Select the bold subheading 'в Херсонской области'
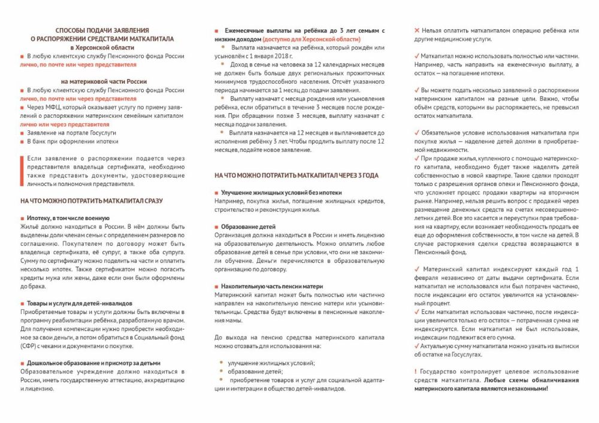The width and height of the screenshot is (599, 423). tap(102, 47)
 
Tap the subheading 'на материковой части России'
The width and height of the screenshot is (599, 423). tap(102, 81)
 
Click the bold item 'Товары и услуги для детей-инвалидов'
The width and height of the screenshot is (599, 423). tap(80, 303)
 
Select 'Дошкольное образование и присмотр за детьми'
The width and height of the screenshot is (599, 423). tap(93, 363)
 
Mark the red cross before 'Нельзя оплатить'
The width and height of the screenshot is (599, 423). tap(418, 30)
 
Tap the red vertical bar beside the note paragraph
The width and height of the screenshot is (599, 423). tap(22, 171)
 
